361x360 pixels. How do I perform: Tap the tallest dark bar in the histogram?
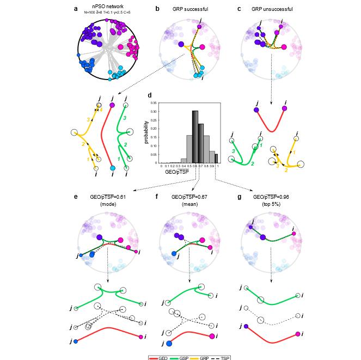[x=194, y=136]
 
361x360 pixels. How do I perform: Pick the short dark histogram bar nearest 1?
[x=216, y=158]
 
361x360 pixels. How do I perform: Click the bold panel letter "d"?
[x=150, y=94]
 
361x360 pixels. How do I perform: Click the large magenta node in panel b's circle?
[x=202, y=47]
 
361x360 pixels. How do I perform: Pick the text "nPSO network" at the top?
[x=107, y=6]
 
